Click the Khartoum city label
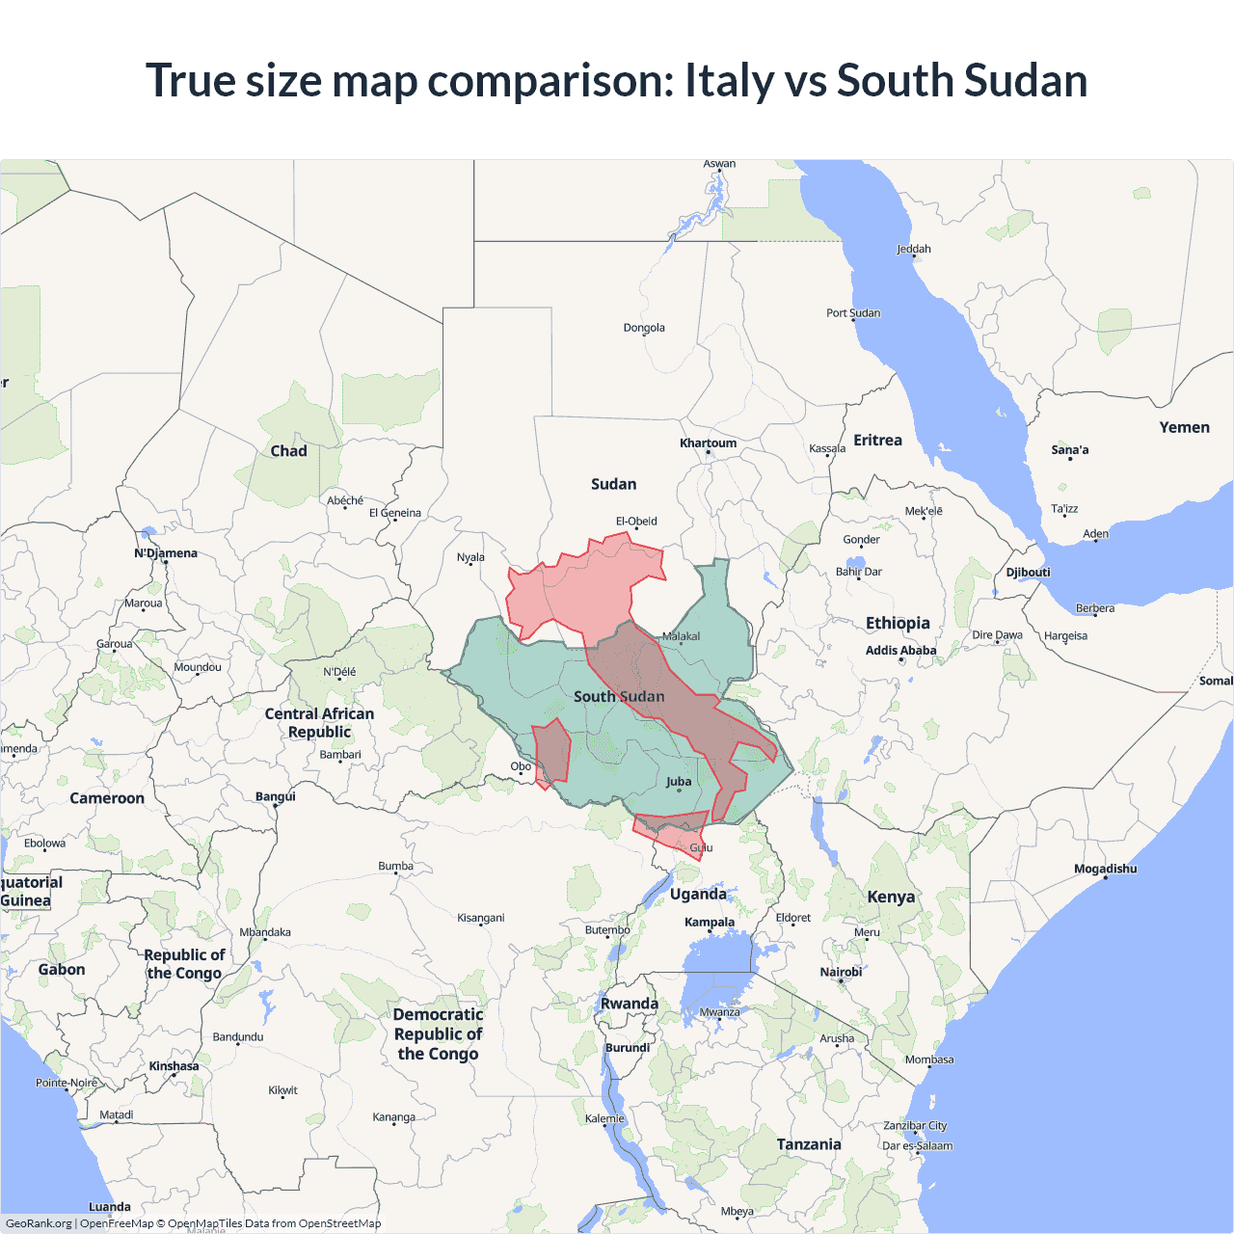click(x=708, y=443)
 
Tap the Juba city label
click(x=679, y=782)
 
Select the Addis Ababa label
click(x=900, y=651)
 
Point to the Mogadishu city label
click(x=1105, y=869)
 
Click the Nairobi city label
click(x=841, y=972)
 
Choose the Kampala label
click(x=710, y=923)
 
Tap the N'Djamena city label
click(x=166, y=553)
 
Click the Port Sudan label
click(x=852, y=313)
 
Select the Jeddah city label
click(x=913, y=249)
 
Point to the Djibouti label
click(x=1028, y=573)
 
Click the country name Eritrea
click(x=877, y=441)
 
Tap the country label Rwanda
click(x=630, y=1004)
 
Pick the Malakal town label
click(x=682, y=636)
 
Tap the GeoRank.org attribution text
click(x=39, y=1223)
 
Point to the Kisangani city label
click(x=480, y=918)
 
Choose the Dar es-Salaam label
click(x=917, y=1146)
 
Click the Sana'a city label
click(x=1069, y=450)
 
